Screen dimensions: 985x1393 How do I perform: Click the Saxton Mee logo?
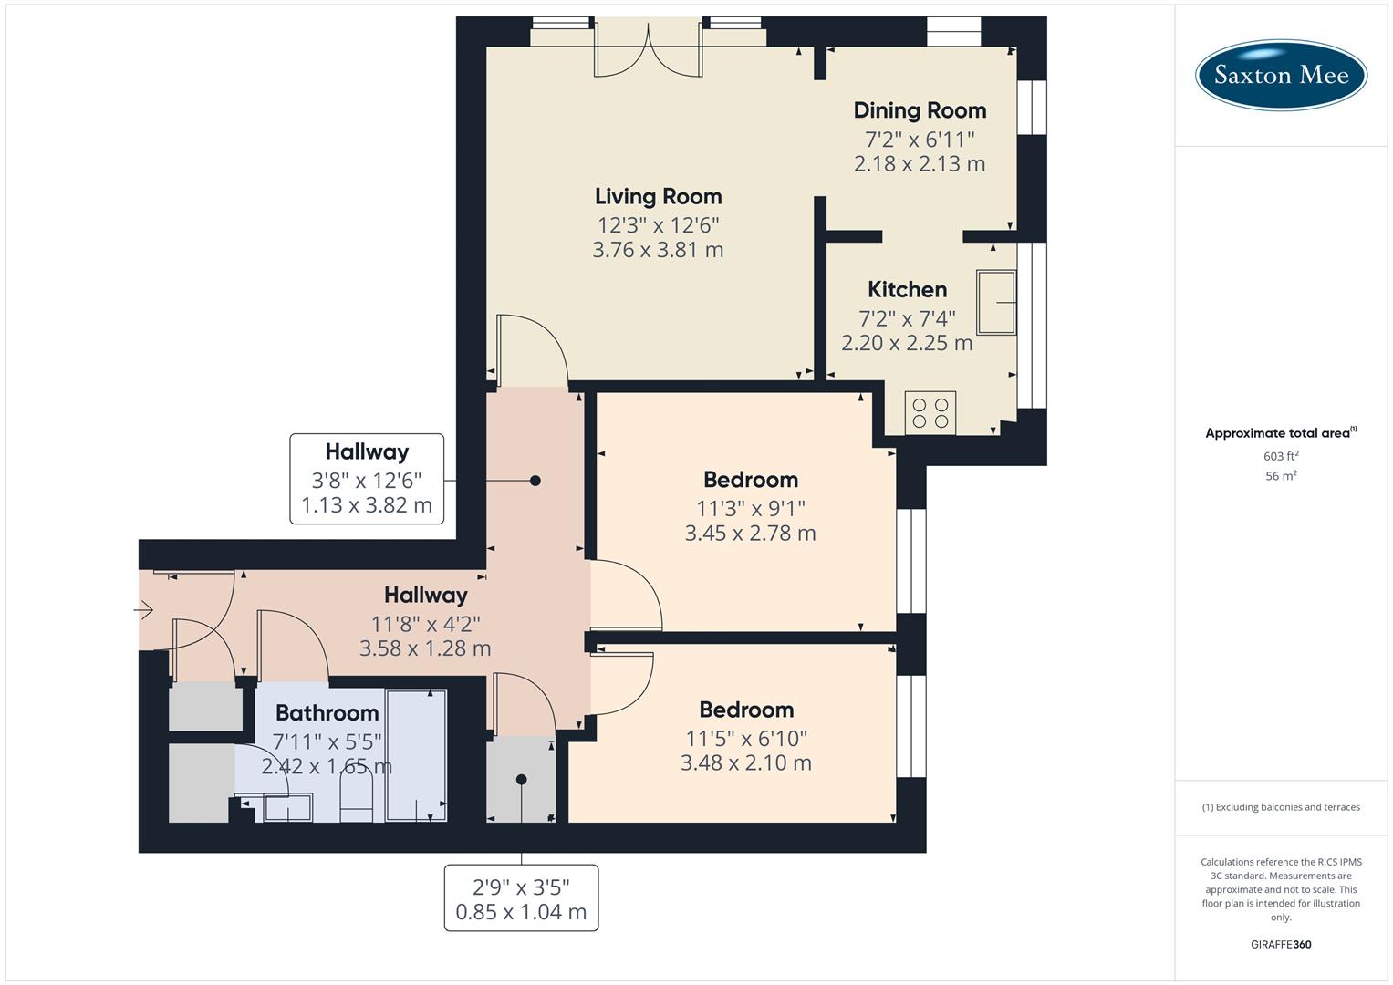click(x=1281, y=75)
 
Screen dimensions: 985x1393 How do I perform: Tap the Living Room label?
click(x=658, y=196)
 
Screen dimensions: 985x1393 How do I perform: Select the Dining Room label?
click(x=920, y=110)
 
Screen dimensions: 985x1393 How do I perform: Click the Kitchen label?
click(x=907, y=290)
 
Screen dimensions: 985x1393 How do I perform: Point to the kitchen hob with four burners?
click(x=930, y=412)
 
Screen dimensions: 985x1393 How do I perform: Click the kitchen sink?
click(x=996, y=302)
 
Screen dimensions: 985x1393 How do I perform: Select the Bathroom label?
click(x=327, y=713)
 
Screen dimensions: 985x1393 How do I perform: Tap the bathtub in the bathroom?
click(x=416, y=755)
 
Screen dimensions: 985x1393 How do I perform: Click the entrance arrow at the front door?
click(x=145, y=610)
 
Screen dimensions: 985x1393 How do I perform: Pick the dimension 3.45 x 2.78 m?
click(x=750, y=534)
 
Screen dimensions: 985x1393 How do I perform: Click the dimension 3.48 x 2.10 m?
click(x=745, y=763)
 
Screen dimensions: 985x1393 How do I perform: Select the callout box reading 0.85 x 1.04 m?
click(x=521, y=898)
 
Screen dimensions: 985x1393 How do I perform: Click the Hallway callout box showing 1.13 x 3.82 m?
click(x=367, y=479)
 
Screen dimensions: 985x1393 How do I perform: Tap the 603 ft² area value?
click(x=1281, y=456)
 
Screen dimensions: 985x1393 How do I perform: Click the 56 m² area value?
click(x=1281, y=476)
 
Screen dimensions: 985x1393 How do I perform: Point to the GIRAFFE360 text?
click(x=1281, y=944)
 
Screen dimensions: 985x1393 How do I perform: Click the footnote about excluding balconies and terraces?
click(x=1281, y=807)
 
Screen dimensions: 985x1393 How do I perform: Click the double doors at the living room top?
click(x=649, y=51)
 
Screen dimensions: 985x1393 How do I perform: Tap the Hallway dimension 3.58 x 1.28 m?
click(x=425, y=648)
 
